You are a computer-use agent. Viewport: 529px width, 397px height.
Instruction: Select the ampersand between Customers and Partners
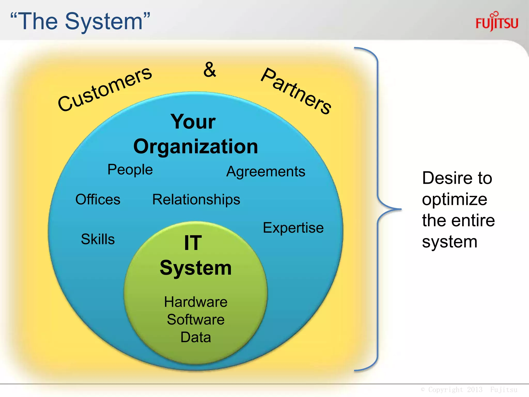209,70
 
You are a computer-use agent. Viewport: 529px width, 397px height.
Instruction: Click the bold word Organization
196,147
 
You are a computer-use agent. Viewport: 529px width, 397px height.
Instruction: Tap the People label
130,170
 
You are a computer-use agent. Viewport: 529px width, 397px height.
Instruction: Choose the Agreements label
266,172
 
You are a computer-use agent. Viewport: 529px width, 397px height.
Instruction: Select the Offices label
98,200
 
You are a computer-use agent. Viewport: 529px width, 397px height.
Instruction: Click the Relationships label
196,200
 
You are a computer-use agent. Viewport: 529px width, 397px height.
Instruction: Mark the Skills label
98,239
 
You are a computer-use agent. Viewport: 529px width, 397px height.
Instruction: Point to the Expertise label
293,228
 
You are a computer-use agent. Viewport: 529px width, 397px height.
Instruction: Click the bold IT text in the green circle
193,243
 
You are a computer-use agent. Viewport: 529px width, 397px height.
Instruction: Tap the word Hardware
196,302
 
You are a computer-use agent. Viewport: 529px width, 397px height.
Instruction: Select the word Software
196,320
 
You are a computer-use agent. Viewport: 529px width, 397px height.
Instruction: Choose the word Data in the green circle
196,337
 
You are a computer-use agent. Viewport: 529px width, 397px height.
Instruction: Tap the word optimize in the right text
455,199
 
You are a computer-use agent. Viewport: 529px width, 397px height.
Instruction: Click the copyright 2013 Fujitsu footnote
469,390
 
